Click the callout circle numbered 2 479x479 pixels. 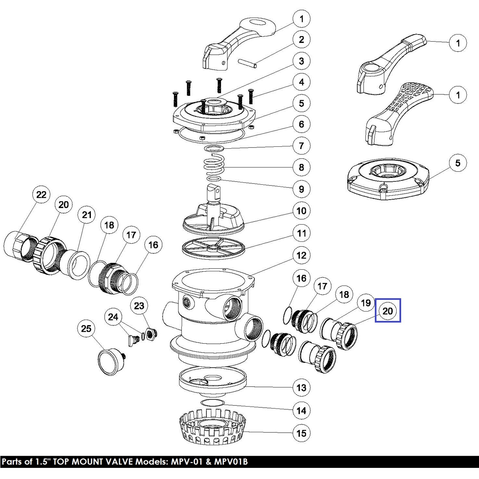click(302, 39)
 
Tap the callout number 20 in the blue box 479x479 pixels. click(387, 310)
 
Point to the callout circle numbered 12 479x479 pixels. click(302, 255)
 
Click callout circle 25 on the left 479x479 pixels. click(87, 328)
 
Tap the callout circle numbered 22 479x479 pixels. click(41, 195)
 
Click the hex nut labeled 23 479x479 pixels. click(151, 334)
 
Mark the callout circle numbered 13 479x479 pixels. click(302, 388)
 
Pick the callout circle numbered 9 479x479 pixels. click(302, 189)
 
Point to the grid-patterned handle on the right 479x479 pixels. click(399, 115)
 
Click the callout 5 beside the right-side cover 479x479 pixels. click(458, 163)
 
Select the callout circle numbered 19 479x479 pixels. click(366, 303)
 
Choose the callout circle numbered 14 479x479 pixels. click(302, 411)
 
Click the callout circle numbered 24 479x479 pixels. click(113, 317)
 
